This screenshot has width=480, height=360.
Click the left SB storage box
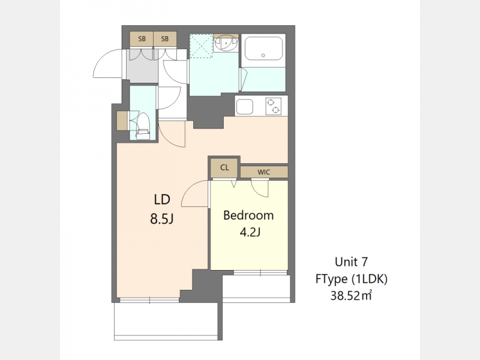[142, 39]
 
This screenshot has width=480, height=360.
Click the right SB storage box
[165, 39]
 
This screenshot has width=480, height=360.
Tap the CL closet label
[224, 168]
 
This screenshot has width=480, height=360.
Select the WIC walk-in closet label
[263, 172]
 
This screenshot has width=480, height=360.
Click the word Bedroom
[248, 215]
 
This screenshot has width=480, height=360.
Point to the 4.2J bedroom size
[250, 232]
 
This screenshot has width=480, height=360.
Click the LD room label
[162, 200]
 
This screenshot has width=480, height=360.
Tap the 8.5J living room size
[162, 218]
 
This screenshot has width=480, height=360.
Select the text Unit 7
[351, 262]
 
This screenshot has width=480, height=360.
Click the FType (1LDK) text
[352, 279]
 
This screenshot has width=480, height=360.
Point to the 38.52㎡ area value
[351, 296]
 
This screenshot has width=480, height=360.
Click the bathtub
[263, 49]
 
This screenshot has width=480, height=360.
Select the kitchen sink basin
[245, 107]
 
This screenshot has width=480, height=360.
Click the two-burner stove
[274, 106]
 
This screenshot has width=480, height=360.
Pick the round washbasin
[226, 43]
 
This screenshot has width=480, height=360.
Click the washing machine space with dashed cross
[201, 46]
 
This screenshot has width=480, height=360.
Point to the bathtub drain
[263, 55]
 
